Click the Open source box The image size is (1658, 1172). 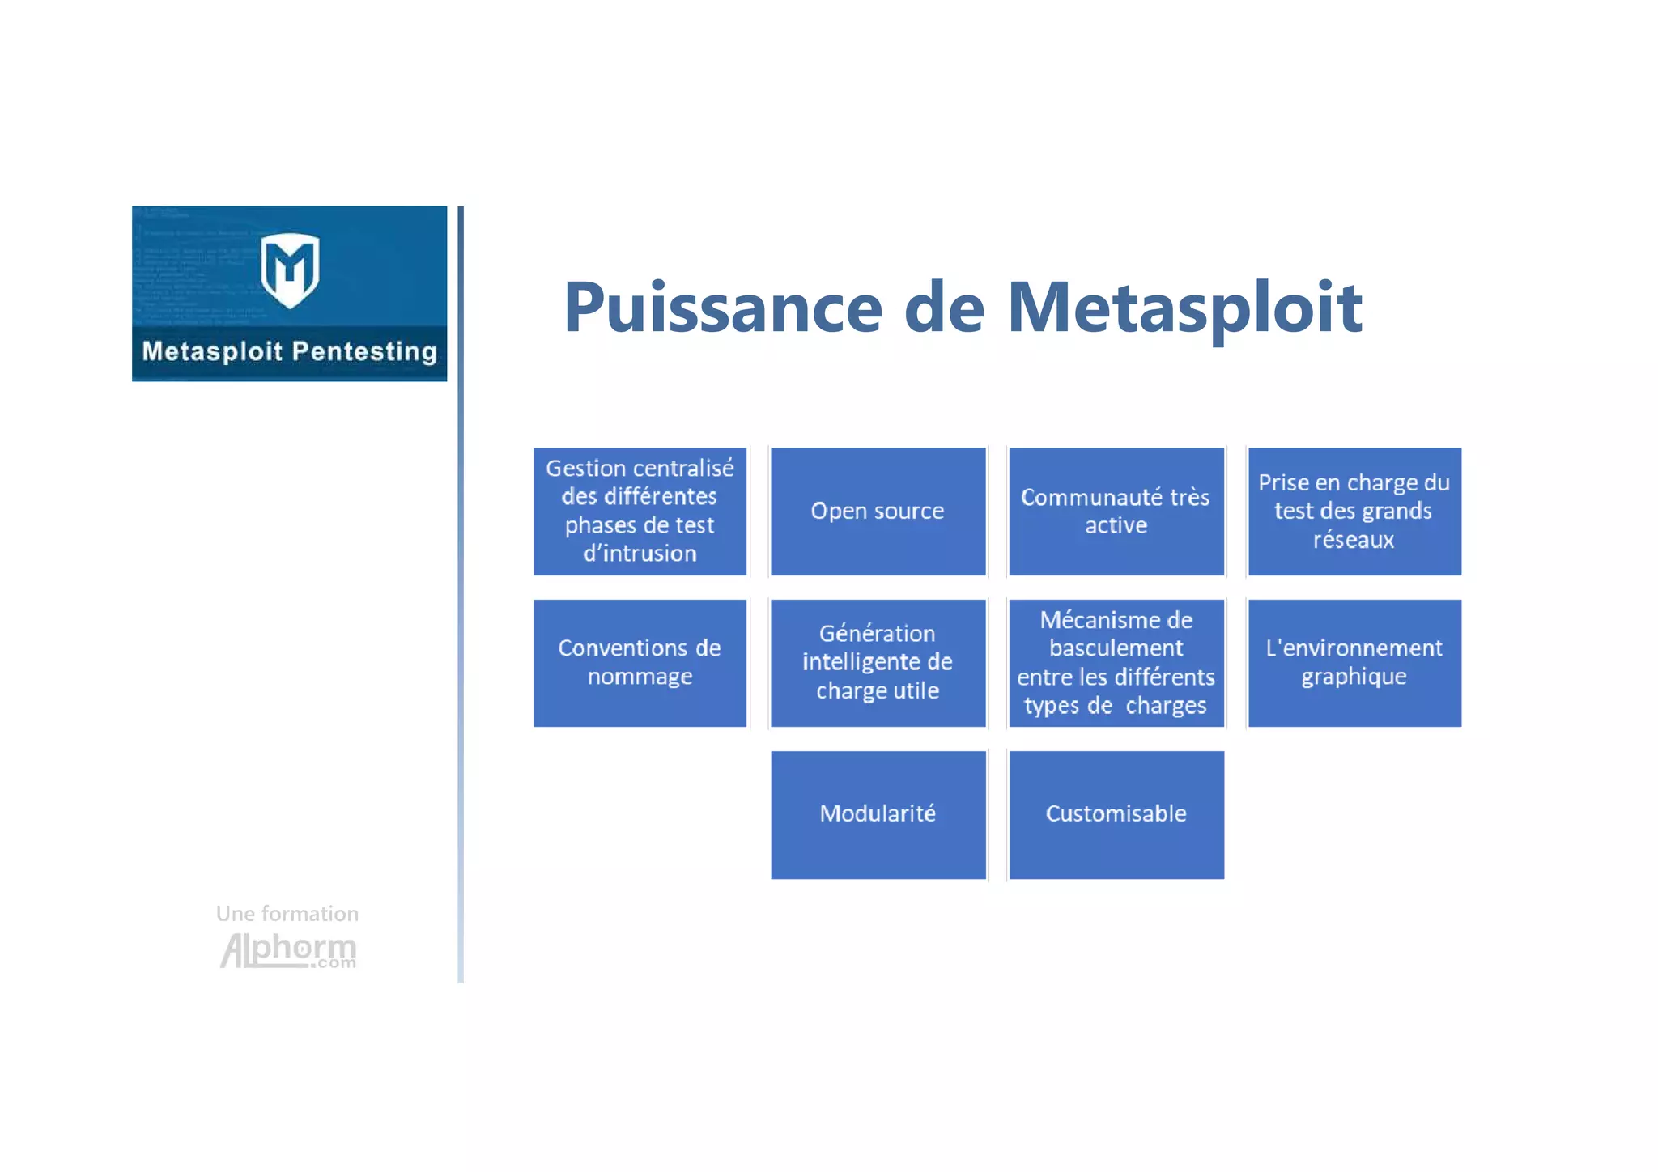coord(878,512)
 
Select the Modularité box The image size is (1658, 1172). coord(878,814)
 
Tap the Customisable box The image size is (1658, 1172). coord(1116,814)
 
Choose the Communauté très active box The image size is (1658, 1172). coord(1116,512)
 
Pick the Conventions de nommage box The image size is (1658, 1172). coord(640,663)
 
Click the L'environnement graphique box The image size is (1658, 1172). coord(1354,663)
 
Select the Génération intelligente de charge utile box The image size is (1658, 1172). coord(878,663)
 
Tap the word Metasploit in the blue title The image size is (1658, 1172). coord(1184,308)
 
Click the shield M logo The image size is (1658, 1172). coord(290,270)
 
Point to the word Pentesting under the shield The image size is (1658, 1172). coord(364,352)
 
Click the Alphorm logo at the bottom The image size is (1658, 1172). coord(288,950)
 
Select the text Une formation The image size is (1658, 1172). coord(287,914)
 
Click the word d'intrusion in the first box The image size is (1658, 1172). coord(640,554)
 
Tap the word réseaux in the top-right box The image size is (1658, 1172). coord(1354,540)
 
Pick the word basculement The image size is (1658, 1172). coord(1116,648)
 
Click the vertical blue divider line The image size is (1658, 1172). coord(461,591)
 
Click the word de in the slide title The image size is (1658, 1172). coord(944,308)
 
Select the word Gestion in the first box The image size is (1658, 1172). coord(585,469)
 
